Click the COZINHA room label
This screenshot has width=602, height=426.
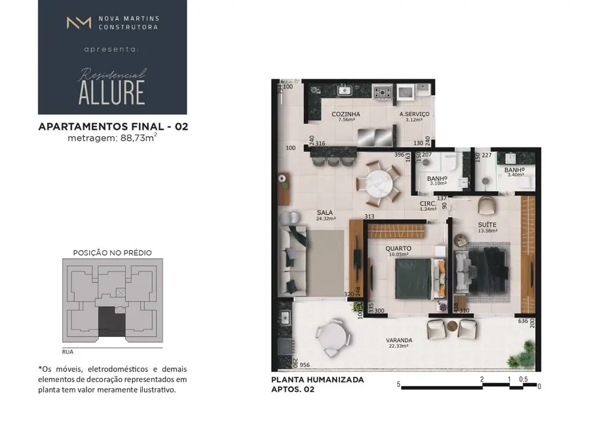(346, 114)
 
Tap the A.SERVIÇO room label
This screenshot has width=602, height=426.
(415, 114)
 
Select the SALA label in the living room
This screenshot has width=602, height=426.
(324, 212)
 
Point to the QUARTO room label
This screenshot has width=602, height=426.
(398, 248)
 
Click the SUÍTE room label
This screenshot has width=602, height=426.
(487, 224)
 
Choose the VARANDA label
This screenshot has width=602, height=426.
(399, 340)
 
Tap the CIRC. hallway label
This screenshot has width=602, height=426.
(428, 204)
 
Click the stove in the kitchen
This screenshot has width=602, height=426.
(381, 92)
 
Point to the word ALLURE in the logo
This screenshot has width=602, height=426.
(111, 92)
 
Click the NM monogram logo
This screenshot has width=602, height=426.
(79, 23)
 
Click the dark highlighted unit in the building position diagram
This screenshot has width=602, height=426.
(112, 321)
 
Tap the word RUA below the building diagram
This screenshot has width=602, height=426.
(67, 352)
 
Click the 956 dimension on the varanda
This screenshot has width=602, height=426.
(304, 364)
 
